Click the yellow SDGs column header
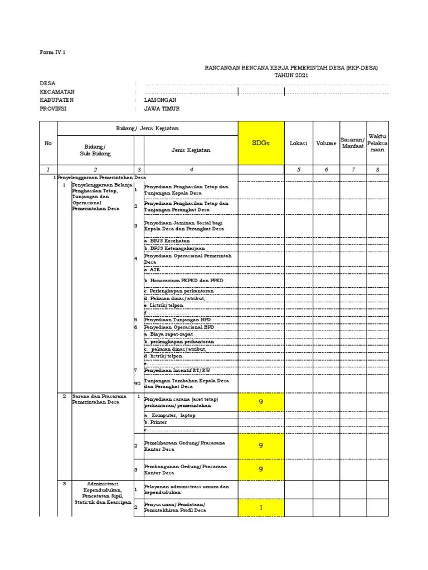pos(261,143)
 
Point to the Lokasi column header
pos(298,143)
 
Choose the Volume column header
pos(326,143)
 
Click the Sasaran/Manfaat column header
pos(352,143)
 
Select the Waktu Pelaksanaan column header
pos(377,143)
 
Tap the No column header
pos(48,143)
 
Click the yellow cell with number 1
pos(261,507)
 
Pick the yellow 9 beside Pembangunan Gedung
pos(261,469)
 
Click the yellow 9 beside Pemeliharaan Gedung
pos(261,445)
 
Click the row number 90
pos(137,383)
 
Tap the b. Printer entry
pos(155,422)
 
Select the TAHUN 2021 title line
pos(290,75)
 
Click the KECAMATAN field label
pos(57,91)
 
